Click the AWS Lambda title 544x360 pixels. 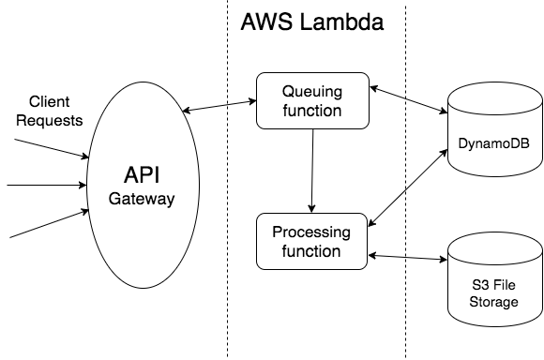click(x=312, y=22)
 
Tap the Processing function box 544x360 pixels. click(x=312, y=241)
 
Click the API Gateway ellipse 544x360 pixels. click(x=142, y=187)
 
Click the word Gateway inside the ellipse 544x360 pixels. click(x=142, y=199)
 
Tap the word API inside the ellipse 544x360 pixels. click(x=142, y=175)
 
